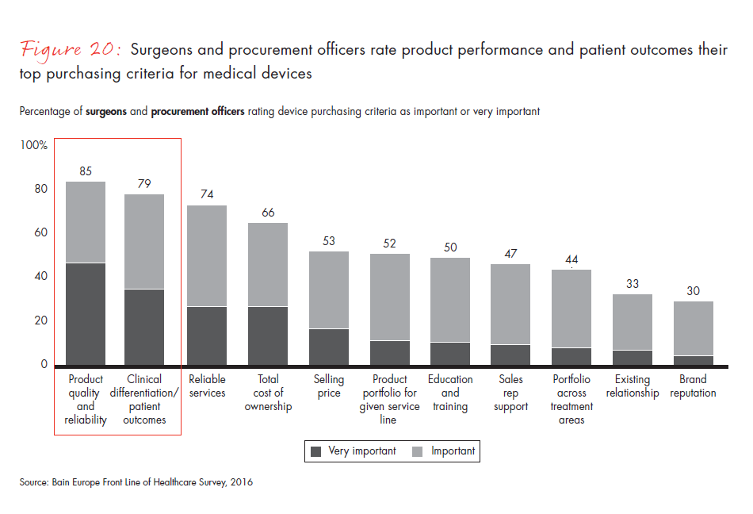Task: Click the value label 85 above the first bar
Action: tap(86, 171)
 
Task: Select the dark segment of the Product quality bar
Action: tap(86, 313)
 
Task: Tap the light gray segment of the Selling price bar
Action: tap(329, 290)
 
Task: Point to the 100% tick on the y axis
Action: tap(33, 146)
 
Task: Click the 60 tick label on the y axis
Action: tap(39, 233)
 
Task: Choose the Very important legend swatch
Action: tap(316, 451)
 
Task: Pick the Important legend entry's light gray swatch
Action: tap(418, 451)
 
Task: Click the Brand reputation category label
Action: tap(693, 386)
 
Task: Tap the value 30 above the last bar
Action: tap(693, 291)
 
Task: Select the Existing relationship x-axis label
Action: tap(632, 386)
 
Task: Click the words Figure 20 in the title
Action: tap(71, 50)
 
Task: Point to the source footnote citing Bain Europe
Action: tap(136, 481)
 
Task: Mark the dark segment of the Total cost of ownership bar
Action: tap(268, 336)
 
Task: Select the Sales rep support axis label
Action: tap(510, 393)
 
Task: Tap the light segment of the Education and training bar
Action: tap(450, 300)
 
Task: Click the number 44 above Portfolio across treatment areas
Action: tap(571, 259)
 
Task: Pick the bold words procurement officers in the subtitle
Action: tap(197, 112)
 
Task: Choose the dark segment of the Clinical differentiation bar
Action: tap(144, 327)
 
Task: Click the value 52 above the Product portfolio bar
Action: tap(389, 244)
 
